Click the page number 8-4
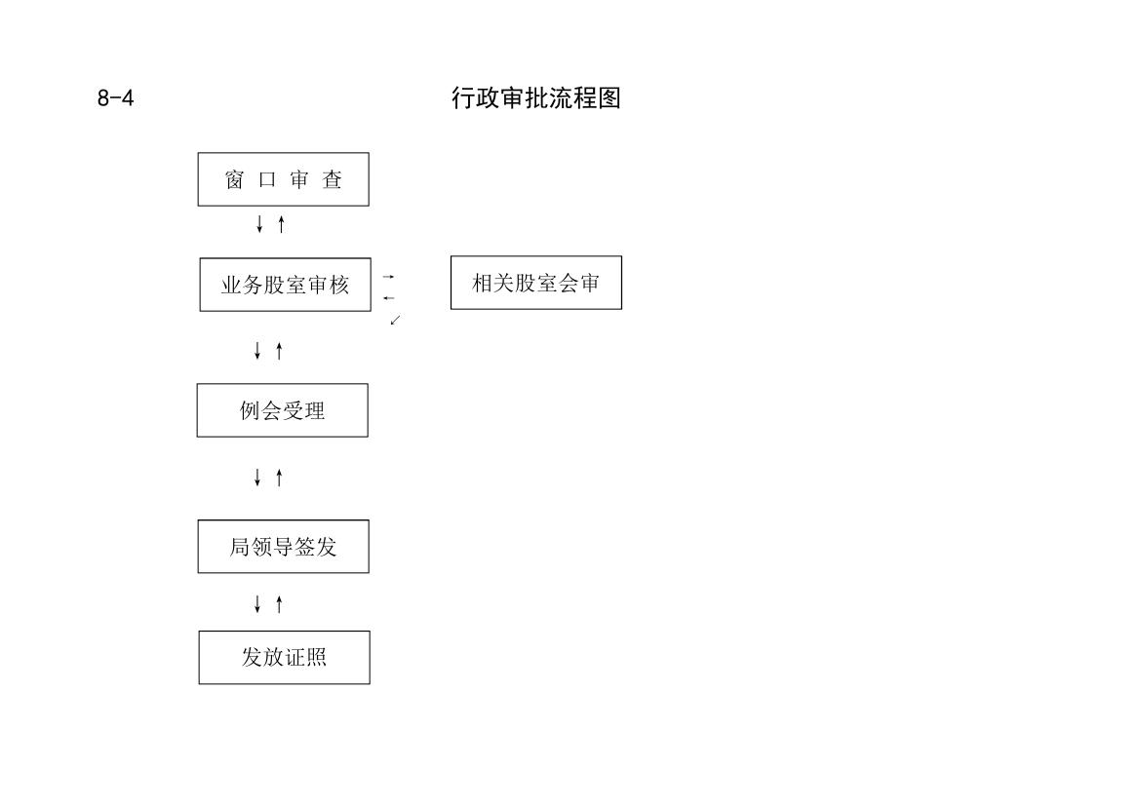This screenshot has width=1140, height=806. (x=116, y=98)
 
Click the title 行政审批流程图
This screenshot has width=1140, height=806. (x=535, y=98)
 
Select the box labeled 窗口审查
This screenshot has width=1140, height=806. (x=284, y=179)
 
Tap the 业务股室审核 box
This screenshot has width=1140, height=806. (x=285, y=285)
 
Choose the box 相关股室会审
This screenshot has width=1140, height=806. (x=535, y=283)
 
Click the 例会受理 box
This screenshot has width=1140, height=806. (x=282, y=410)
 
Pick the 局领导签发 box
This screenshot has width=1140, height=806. (x=284, y=547)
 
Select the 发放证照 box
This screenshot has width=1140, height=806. (x=285, y=658)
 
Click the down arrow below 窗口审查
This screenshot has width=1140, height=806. (x=259, y=224)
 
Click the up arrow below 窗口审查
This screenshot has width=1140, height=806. (x=282, y=224)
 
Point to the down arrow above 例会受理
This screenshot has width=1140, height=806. (x=257, y=350)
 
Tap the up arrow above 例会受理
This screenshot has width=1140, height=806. (x=279, y=350)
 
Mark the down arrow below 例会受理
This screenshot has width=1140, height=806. (x=257, y=477)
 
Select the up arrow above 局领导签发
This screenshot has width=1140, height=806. (x=279, y=477)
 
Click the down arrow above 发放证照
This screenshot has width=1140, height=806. (x=257, y=603)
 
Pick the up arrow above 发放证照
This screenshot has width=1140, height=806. (x=279, y=603)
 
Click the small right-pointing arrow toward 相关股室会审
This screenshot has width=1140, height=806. (x=389, y=277)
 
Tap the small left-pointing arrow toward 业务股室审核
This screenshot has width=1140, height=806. (x=389, y=298)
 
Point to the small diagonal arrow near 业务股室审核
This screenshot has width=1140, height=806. (x=396, y=320)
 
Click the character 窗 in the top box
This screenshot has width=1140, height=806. (x=234, y=179)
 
